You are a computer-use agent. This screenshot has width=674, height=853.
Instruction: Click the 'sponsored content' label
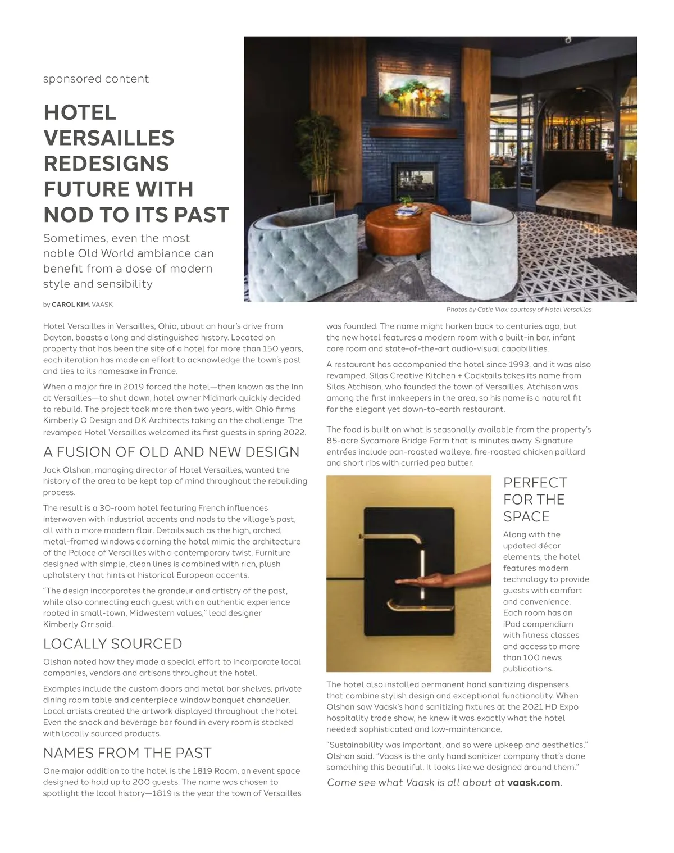(96, 79)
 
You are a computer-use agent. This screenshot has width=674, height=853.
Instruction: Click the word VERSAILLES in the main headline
(109, 138)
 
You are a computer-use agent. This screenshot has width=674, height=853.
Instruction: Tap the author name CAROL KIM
(70, 305)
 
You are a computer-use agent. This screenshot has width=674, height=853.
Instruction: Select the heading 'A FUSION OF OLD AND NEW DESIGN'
(171, 452)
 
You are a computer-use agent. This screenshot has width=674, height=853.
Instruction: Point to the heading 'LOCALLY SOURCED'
(113, 644)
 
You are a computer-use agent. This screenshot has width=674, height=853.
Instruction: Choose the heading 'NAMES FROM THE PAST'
(127, 753)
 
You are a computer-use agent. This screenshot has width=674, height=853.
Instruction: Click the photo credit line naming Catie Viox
(518, 310)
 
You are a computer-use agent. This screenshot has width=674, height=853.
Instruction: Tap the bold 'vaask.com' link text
(534, 783)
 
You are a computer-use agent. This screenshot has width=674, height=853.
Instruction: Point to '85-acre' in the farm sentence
(343, 441)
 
